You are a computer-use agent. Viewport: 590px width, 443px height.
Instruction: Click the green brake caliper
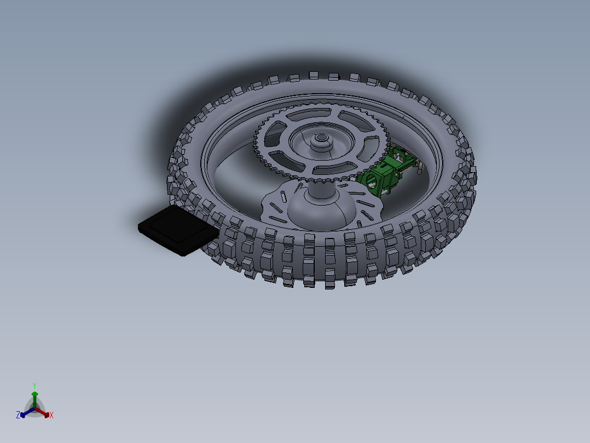(386, 173)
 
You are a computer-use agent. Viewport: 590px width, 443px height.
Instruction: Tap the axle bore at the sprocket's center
(320, 138)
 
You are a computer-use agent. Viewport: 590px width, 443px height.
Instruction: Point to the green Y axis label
(34, 385)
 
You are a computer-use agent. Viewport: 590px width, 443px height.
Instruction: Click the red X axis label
(51, 416)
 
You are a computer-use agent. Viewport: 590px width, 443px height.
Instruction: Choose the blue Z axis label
(18, 416)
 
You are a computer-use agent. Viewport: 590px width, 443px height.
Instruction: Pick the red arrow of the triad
(44, 412)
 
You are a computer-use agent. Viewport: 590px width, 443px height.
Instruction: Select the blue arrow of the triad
(25, 412)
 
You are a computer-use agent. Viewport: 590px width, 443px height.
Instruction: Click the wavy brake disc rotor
(274, 206)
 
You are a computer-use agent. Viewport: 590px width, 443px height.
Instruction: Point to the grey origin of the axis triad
(34, 409)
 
